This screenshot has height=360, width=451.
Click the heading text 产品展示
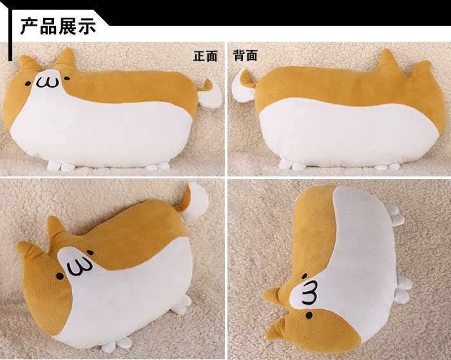[x=58, y=26]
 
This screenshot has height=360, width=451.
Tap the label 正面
[x=206, y=56]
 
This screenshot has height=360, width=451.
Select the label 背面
[x=245, y=56]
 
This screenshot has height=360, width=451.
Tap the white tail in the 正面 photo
[x=211, y=95]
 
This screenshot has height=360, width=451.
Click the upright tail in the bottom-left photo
[x=196, y=203]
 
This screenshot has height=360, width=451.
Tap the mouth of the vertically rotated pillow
[x=310, y=291]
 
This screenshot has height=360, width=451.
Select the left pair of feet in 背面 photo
[x=295, y=166]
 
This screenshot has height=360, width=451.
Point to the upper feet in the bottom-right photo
[x=396, y=216]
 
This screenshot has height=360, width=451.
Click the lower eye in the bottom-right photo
[x=309, y=316]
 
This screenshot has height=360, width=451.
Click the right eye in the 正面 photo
[x=65, y=78]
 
